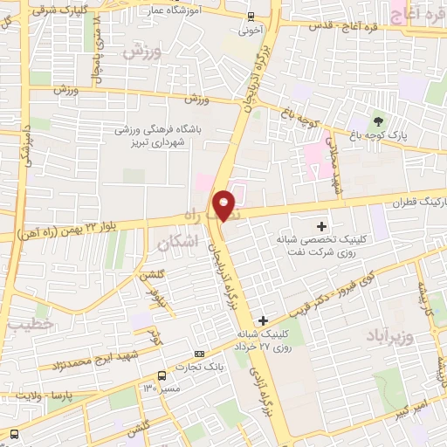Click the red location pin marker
(x=224, y=205)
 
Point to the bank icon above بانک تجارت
(x=200, y=354)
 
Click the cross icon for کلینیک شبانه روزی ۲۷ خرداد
(x=263, y=320)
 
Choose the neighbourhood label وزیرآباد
(x=383, y=336)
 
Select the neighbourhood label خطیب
(x=31, y=324)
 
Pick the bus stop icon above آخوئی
(x=251, y=16)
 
